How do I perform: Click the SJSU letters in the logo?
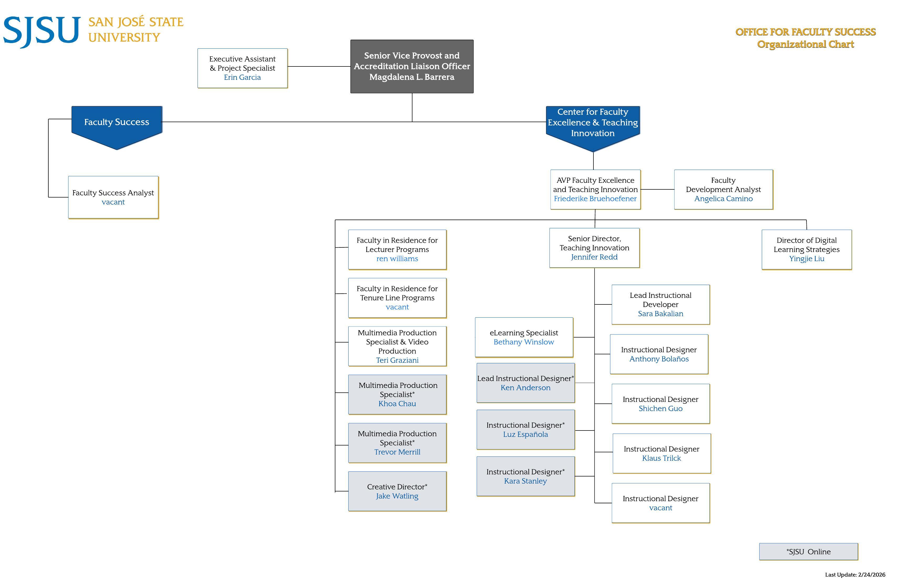[42, 31]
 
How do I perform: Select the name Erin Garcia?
[242, 77]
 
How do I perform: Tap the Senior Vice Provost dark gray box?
[412, 66]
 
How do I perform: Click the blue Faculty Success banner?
[117, 122]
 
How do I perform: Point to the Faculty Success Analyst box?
[113, 197]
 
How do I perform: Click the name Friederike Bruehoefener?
[595, 199]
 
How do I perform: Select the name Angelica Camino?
[723, 199]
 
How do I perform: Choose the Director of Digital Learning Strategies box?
[806, 250]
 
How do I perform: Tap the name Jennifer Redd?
[594, 257]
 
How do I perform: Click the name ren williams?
[397, 258]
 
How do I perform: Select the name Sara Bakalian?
[660, 314]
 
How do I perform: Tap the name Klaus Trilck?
[662, 458]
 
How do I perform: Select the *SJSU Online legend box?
[808, 551]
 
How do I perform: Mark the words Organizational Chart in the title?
[805, 44]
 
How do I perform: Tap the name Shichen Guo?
[660, 408]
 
